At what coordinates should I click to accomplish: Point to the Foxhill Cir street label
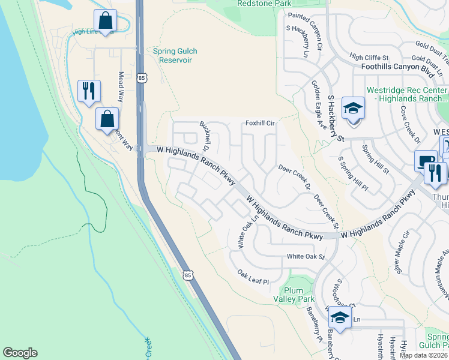click(x=259, y=123)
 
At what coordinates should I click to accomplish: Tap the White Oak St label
click(x=305, y=257)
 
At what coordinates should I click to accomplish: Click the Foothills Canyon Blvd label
click(x=397, y=68)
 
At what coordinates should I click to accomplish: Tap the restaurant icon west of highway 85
click(x=89, y=91)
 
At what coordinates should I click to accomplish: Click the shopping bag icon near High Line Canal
click(x=105, y=20)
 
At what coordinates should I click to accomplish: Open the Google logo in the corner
click(x=20, y=353)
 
